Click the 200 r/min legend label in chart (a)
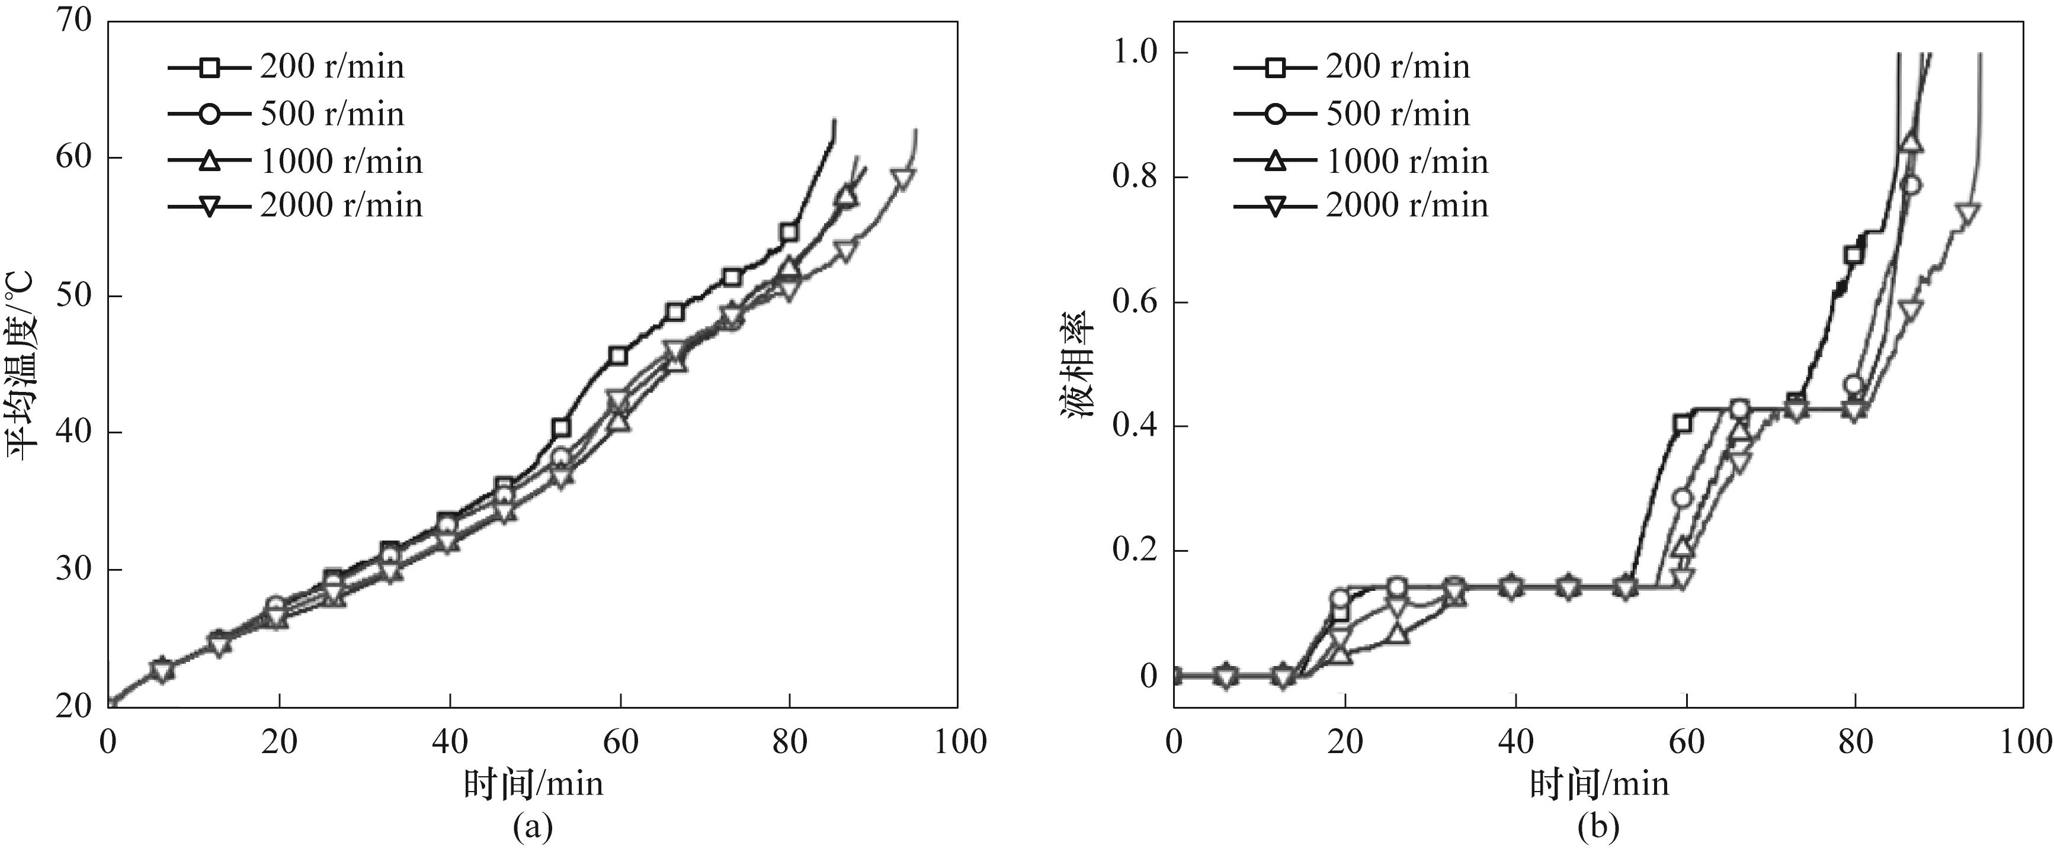click(332, 67)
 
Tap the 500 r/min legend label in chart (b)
click(1398, 115)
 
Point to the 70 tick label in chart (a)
click(74, 21)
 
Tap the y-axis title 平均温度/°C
click(23, 365)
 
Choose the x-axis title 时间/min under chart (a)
click(533, 784)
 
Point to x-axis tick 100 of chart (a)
click(957, 742)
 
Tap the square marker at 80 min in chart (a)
click(789, 233)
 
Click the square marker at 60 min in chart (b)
click(1683, 423)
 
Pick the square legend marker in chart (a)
click(210, 67)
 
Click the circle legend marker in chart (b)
click(1276, 115)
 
